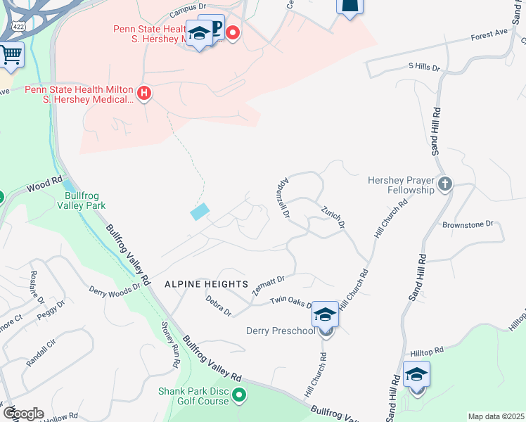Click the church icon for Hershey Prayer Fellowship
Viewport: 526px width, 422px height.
tap(444, 184)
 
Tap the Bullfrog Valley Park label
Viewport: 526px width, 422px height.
tap(84, 200)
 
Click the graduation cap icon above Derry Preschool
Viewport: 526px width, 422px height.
tap(326, 313)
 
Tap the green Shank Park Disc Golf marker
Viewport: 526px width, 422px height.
tap(239, 396)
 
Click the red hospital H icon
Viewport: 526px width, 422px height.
tap(144, 94)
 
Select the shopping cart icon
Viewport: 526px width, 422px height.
tap(11, 54)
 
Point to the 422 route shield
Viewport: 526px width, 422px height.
tap(17, 26)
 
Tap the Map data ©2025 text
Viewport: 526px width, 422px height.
tap(495, 416)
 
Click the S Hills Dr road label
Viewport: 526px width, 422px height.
tap(423, 68)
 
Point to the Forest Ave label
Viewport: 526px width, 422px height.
tap(489, 33)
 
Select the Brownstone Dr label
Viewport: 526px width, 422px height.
tap(468, 224)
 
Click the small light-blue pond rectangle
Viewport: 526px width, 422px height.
tap(199, 211)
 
